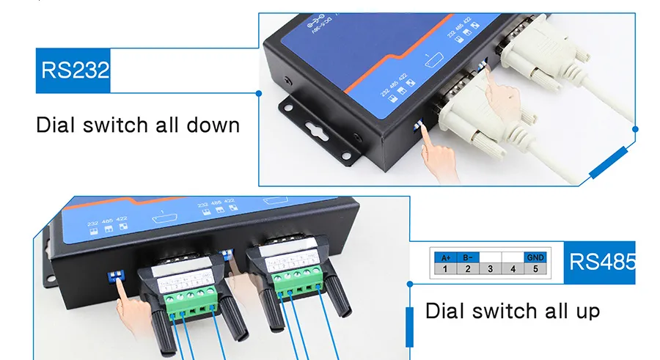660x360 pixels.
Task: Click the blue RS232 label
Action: [x=73, y=71]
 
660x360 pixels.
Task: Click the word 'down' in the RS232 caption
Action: [x=213, y=125]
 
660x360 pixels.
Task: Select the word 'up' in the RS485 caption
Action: [x=584, y=311]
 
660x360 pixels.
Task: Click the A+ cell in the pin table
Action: [x=444, y=257]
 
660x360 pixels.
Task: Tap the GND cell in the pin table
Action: [x=535, y=257]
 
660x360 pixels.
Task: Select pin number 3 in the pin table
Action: [x=489, y=269]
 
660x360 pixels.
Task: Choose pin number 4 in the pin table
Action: [x=512, y=269]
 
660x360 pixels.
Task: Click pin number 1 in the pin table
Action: [x=444, y=269]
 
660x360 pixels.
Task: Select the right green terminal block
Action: [x=296, y=280]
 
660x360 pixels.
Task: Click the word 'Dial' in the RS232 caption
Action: [x=55, y=125]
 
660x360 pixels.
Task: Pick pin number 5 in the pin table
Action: [x=535, y=269]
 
